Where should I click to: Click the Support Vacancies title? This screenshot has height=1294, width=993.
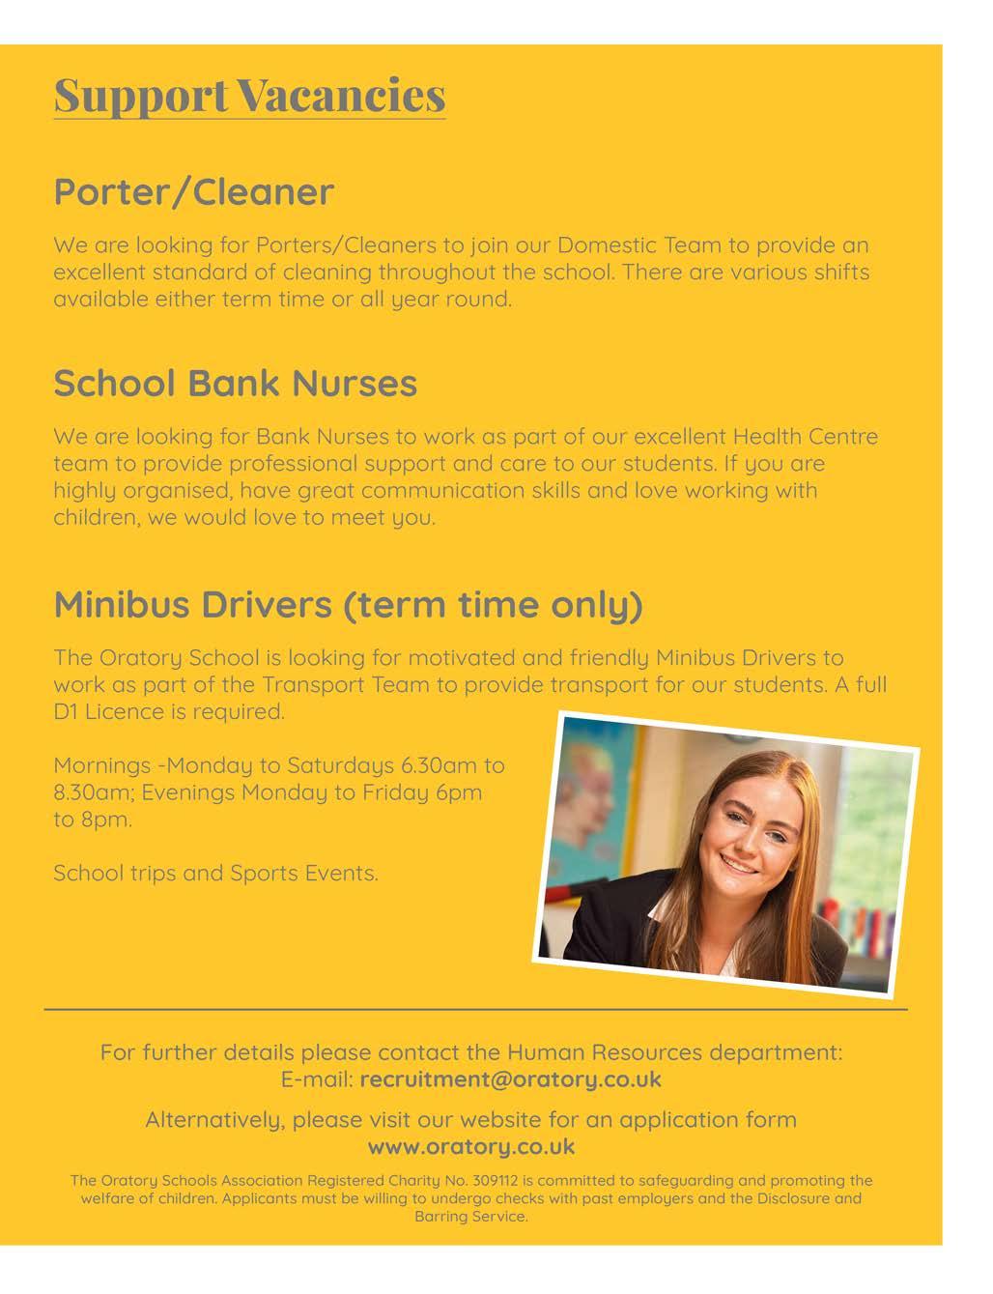(x=249, y=95)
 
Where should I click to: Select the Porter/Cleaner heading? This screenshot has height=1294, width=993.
(x=193, y=191)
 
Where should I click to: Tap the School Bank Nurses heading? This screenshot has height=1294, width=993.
(x=235, y=383)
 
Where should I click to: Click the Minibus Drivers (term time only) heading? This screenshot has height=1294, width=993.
(x=348, y=604)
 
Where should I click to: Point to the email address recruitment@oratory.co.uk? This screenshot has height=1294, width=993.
(x=510, y=1079)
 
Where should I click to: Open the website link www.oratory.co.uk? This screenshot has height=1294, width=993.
(x=471, y=1147)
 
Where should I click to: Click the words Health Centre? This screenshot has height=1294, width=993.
(x=806, y=437)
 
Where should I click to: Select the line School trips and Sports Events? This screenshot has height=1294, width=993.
(x=215, y=874)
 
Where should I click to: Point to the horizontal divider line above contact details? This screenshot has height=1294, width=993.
(x=475, y=1010)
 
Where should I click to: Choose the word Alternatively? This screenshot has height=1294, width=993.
(x=214, y=1121)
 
